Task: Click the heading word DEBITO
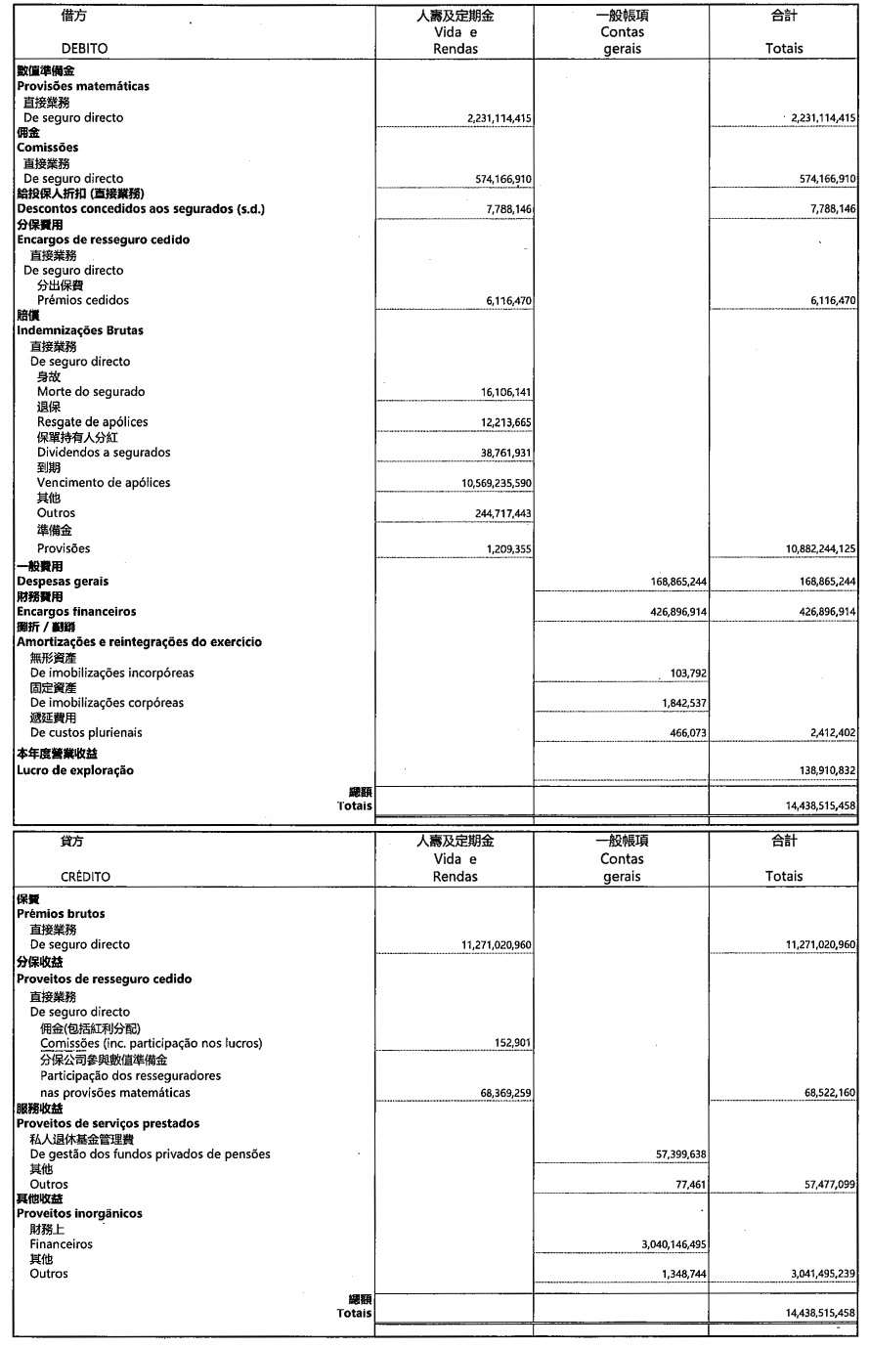pyautogui.click(x=84, y=48)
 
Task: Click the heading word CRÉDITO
pyautogui.click(x=85, y=876)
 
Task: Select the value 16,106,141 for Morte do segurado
pyautogui.click(x=500, y=392)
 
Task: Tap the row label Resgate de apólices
pyautogui.click(x=93, y=422)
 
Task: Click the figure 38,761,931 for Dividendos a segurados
pyautogui.click(x=500, y=453)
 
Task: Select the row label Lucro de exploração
pyautogui.click(x=75, y=770)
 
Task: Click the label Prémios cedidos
pyautogui.click(x=83, y=301)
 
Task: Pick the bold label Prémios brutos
pyautogui.click(x=61, y=914)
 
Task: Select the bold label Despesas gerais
pyautogui.click(x=63, y=582)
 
